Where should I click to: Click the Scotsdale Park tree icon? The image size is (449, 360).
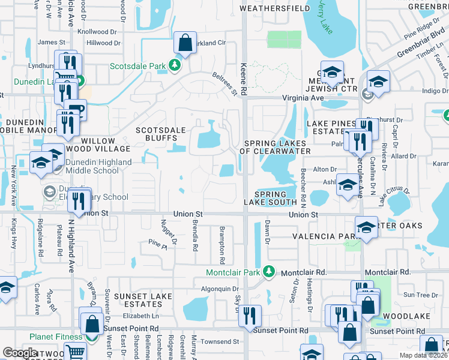click(175, 65)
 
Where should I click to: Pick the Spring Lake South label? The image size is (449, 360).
click(275, 199)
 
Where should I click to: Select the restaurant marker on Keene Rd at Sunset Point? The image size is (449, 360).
click(250, 316)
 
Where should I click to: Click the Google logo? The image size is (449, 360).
click(20, 352)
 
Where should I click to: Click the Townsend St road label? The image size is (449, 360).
click(220, 341)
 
